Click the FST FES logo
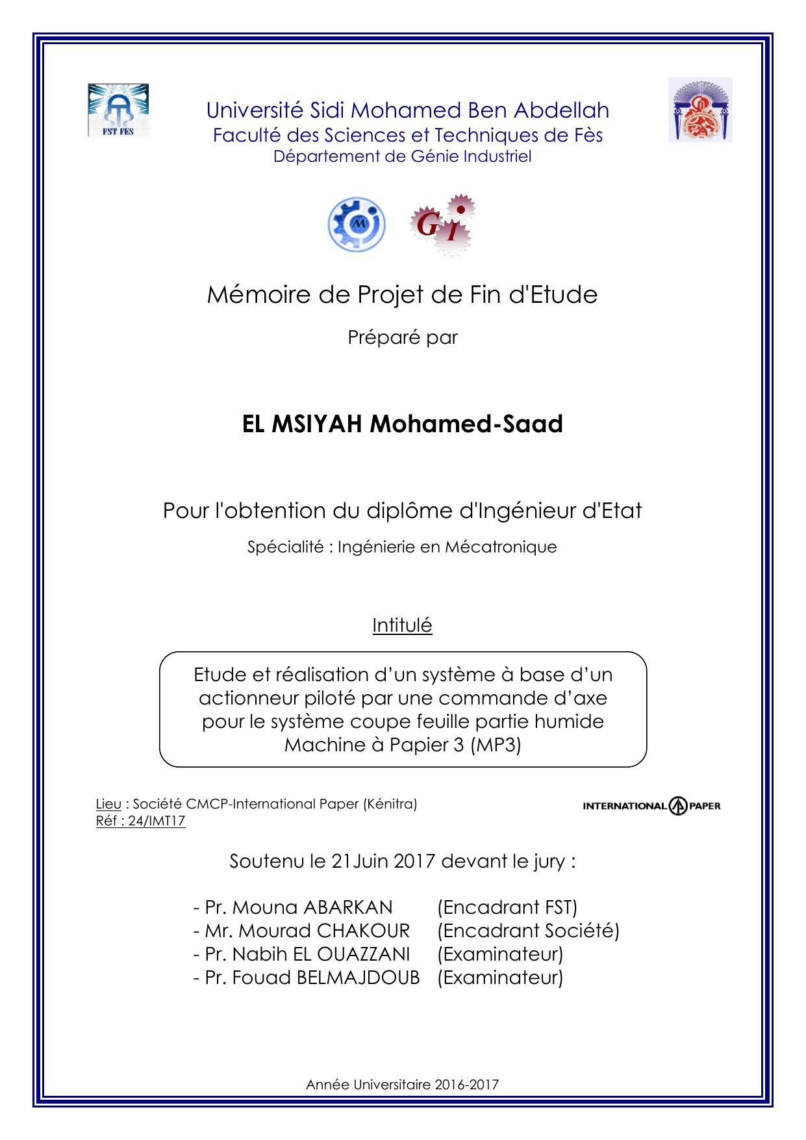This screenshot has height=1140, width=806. [118, 109]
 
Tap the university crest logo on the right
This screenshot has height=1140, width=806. [700, 109]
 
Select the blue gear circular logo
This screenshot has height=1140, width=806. [357, 224]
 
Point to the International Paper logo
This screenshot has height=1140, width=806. [651, 806]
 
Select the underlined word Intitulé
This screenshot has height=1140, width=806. [402, 625]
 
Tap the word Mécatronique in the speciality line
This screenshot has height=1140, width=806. [501, 547]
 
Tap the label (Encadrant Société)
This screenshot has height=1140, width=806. [528, 931]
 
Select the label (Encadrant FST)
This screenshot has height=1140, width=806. [507, 907]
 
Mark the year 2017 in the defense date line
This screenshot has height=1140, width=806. [414, 862]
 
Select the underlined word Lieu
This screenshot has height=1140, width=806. [108, 804]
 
